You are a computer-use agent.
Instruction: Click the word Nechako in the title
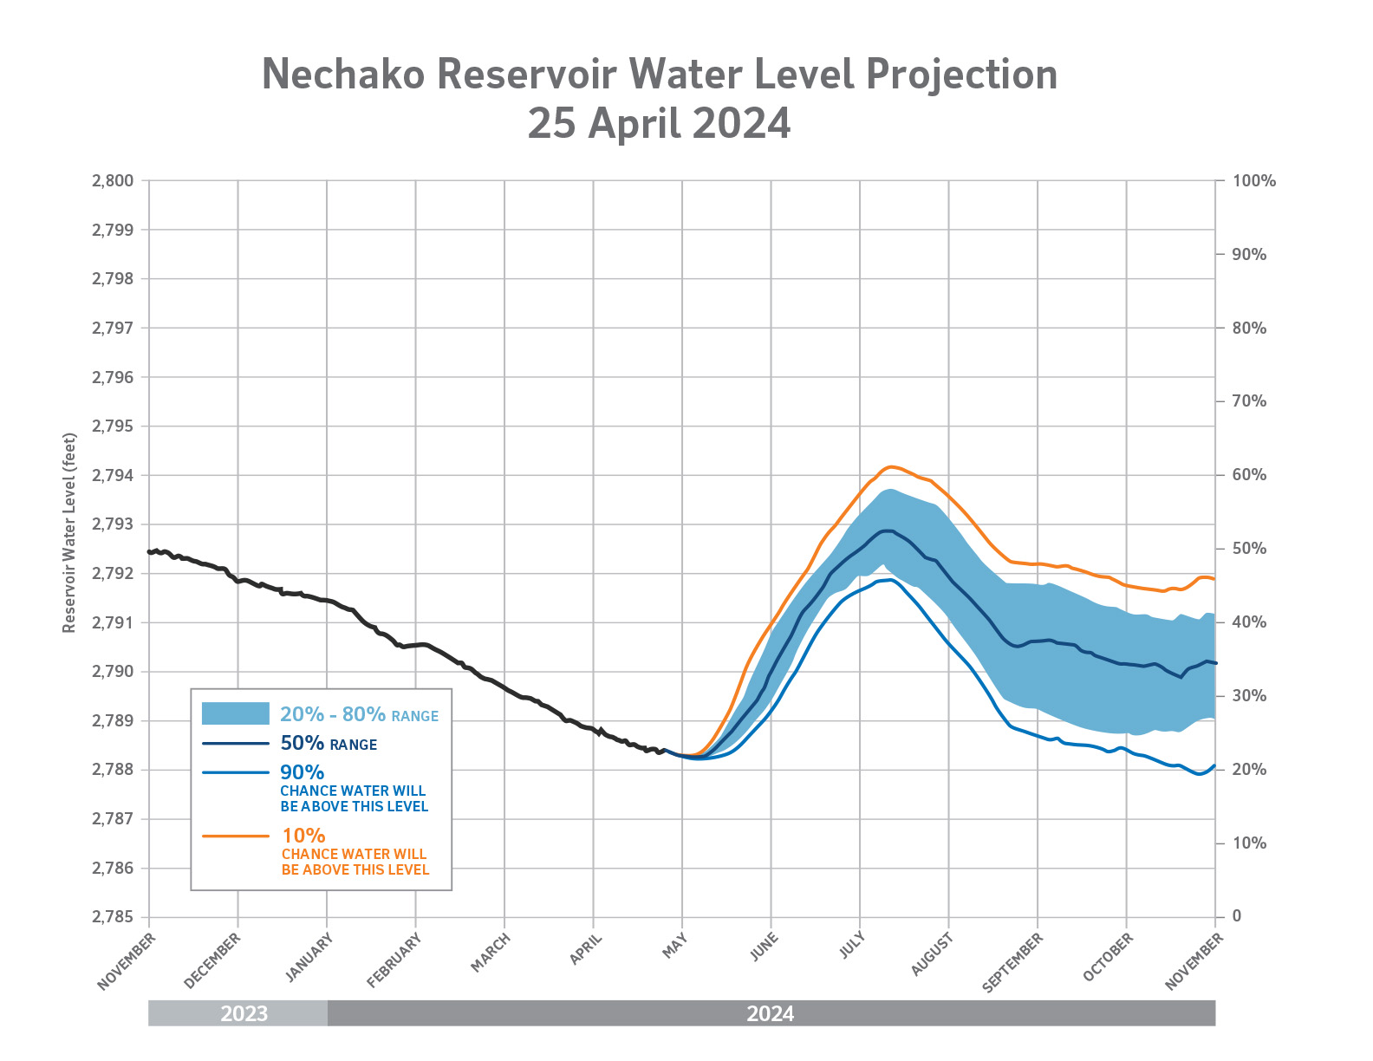coord(343,75)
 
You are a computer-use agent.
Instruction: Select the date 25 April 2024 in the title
coord(659,123)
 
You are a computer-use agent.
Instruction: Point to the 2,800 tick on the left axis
coord(113,181)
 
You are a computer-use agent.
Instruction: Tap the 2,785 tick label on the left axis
coord(113,917)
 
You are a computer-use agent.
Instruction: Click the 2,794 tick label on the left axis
coord(113,476)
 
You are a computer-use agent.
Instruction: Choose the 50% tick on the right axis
coord(1249,549)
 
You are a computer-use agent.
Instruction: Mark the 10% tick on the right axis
coord(1249,843)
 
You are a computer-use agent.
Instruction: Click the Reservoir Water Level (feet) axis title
coord(69,533)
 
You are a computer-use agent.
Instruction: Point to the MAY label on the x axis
coord(674,946)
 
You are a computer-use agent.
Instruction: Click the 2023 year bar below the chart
coord(238,1013)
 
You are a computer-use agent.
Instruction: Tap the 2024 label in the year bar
coord(771,1013)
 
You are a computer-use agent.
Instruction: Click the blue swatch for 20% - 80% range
coord(235,713)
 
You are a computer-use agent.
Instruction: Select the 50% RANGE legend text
coord(329,744)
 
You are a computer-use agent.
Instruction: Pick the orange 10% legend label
coord(303,836)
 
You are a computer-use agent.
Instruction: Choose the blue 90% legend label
coord(302,772)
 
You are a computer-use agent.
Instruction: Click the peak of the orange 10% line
coord(890,466)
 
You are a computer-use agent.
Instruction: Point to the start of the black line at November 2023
coord(150,551)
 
